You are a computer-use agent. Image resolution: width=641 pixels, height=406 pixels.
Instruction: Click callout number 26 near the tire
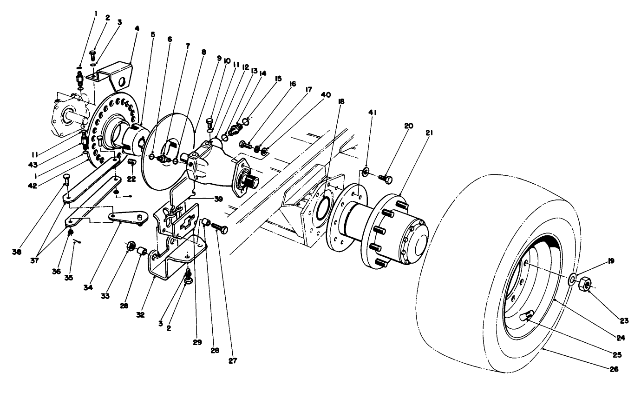pyautogui.click(x=615, y=370)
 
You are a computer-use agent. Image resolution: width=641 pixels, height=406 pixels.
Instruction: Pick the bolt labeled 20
pyautogui.click(x=385, y=178)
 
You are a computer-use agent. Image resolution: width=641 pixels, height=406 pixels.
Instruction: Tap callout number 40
pyautogui.click(x=325, y=95)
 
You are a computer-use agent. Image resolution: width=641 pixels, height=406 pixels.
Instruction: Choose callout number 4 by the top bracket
pyautogui.click(x=137, y=28)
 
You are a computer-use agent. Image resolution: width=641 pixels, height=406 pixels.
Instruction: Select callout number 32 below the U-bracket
pyautogui.click(x=140, y=314)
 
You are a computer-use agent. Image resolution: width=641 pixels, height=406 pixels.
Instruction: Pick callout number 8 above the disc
pyautogui.click(x=203, y=53)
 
